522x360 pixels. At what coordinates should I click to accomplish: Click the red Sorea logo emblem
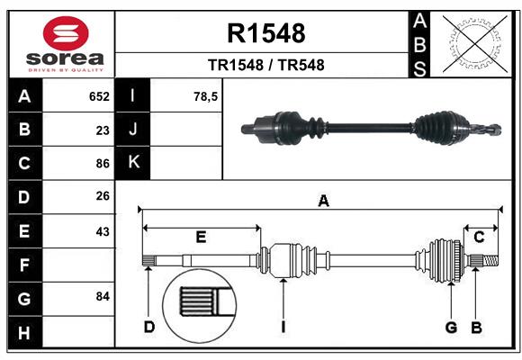[x=66, y=33]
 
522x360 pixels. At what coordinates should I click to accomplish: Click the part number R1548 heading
[x=266, y=33]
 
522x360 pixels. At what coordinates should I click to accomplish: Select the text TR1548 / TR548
[x=266, y=65]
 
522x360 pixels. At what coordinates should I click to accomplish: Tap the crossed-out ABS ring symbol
[x=475, y=44]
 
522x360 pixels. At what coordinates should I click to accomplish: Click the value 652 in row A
[x=99, y=96]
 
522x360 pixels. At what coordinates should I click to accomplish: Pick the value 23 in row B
[x=103, y=130]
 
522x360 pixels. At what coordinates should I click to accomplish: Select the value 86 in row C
[x=103, y=164]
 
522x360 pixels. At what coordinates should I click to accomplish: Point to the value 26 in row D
[x=103, y=196]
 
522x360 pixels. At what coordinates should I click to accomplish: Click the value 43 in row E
[x=103, y=231]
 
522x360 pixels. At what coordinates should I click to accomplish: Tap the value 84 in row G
[x=103, y=296]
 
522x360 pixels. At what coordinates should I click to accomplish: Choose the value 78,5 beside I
[x=205, y=96]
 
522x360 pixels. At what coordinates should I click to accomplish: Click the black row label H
[x=25, y=332]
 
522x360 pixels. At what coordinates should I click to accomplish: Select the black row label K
[x=133, y=163]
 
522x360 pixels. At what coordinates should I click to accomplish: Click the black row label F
[x=25, y=265]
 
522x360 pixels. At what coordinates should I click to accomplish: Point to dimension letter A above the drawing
[x=323, y=201]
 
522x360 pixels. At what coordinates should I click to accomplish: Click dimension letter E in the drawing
[x=201, y=237]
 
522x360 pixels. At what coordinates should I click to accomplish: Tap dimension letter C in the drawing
[x=479, y=237]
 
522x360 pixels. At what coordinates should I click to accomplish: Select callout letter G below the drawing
[x=451, y=328]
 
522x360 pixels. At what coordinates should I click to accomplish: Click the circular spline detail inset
[x=199, y=306]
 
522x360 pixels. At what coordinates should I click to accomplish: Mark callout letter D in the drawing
[x=149, y=328]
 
